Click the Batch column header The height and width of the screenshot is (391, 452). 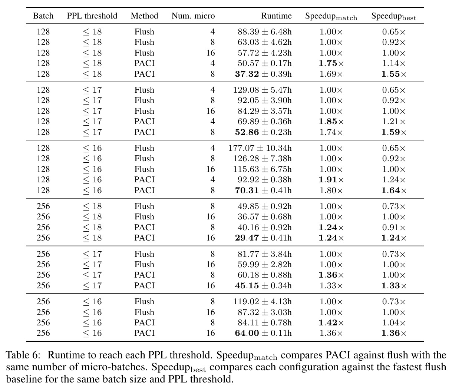(43, 16)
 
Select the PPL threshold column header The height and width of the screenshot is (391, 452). (92, 16)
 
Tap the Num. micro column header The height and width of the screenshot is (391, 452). (193, 16)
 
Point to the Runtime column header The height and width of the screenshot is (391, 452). (276, 16)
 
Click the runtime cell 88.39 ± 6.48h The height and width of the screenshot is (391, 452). (265, 32)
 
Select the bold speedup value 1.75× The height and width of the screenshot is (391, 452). (331, 63)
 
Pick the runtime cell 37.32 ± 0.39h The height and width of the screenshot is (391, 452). (263, 74)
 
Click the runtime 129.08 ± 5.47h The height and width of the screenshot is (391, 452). (262, 90)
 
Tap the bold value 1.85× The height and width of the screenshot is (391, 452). (331, 122)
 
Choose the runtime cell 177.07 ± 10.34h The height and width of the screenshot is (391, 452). (260, 148)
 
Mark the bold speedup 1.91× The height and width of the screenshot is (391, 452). (331, 180)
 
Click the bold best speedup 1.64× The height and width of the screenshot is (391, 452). (394, 190)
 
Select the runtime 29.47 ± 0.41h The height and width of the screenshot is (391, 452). (263, 238)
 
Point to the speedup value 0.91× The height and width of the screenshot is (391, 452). (394, 227)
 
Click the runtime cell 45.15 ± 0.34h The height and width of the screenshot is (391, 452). (263, 285)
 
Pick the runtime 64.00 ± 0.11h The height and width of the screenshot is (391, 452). (263, 333)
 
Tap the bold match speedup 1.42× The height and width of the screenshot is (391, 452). (331, 322)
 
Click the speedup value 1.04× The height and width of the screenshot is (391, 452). (394, 322)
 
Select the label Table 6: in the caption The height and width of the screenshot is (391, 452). (23, 355)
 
